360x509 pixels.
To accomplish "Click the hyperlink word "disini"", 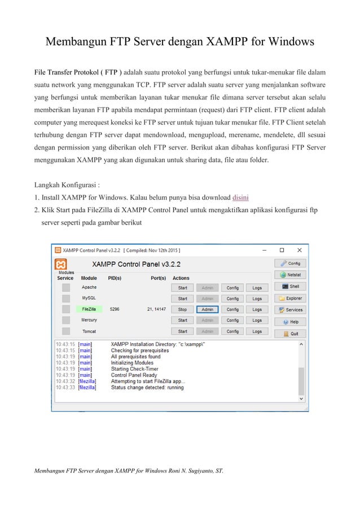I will pos(241,198).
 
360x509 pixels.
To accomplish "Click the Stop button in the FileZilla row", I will pos(182,309).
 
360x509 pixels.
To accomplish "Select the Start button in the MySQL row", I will pos(182,299).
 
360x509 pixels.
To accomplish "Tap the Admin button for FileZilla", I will pos(207,309).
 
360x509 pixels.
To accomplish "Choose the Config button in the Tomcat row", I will pos(232,331).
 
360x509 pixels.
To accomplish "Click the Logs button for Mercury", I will pos(257,320).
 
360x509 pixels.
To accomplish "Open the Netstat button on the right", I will pos(290,275).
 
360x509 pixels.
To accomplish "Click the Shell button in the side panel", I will pos(290,287).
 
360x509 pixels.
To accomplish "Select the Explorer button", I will pos(290,298).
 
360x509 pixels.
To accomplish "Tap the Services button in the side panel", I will pos(290,310).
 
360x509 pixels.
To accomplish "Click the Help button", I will pos(290,322).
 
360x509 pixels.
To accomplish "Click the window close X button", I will pos(299,249).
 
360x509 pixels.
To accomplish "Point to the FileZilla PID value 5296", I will pos(115,309).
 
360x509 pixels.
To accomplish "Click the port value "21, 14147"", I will pos(156,309).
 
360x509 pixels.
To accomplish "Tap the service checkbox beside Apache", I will pos(66,287).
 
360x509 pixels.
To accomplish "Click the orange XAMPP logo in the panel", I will pos(61,264).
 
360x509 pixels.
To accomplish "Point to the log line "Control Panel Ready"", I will pos(134,375).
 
